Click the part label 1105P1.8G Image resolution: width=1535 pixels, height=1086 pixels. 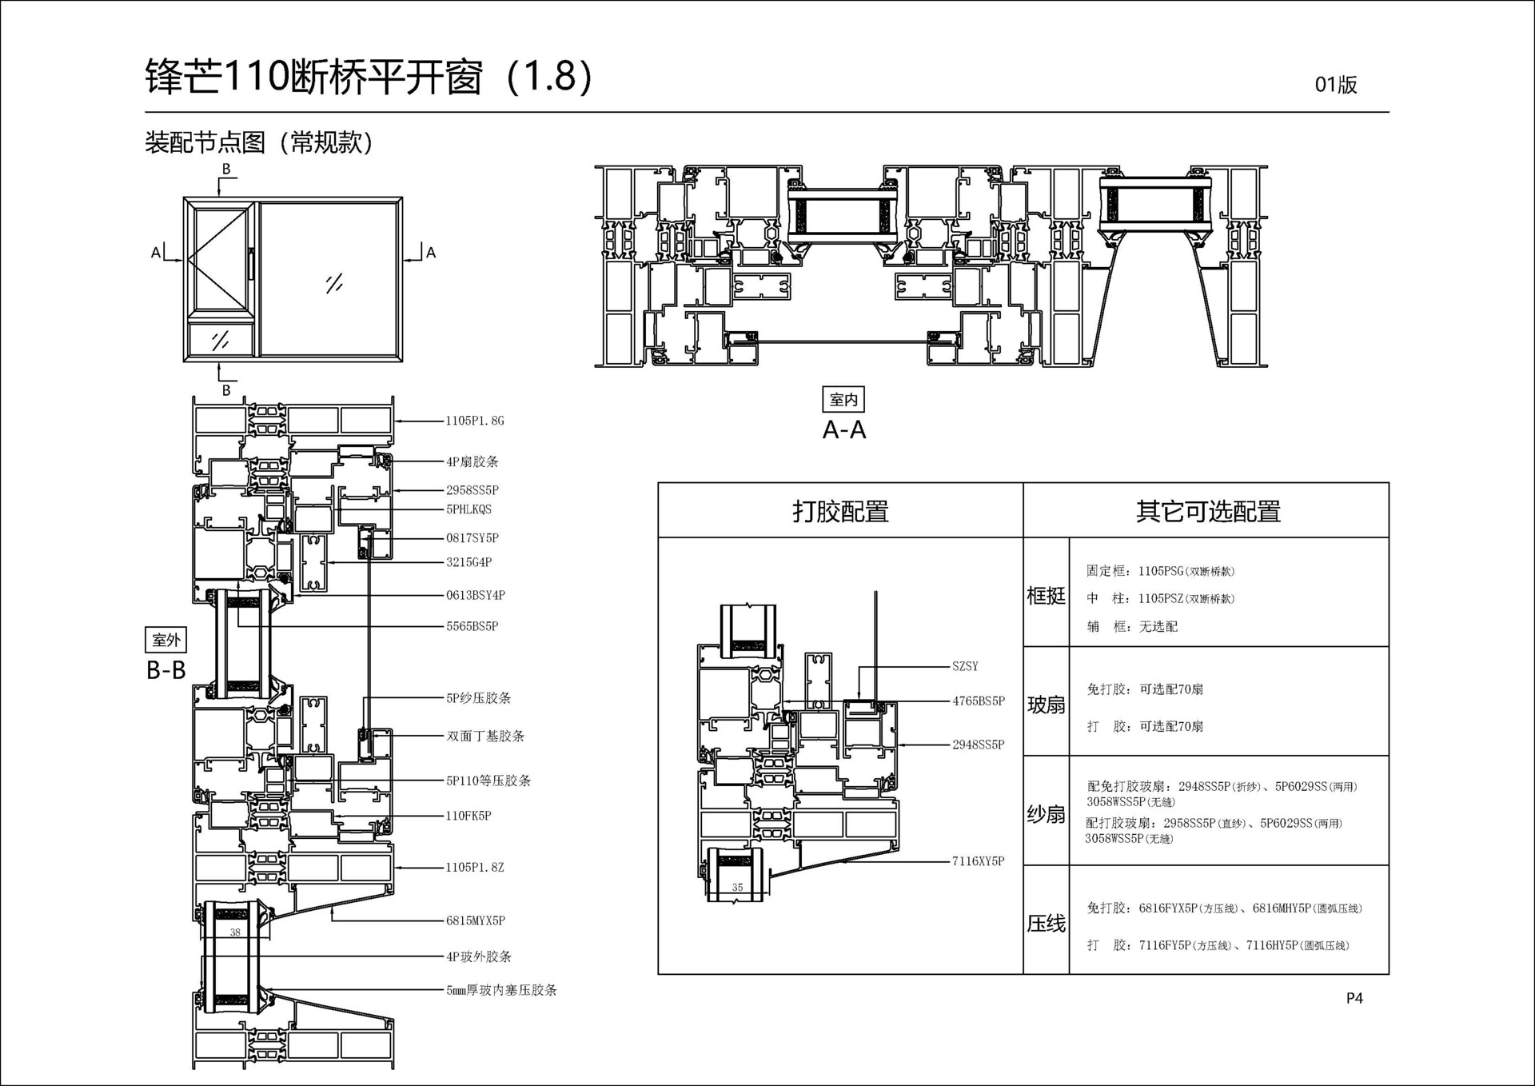tap(475, 421)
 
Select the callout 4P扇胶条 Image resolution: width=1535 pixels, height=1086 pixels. tap(472, 461)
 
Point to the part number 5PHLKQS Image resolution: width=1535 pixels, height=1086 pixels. tap(469, 509)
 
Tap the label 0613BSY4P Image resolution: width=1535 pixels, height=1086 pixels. tap(476, 595)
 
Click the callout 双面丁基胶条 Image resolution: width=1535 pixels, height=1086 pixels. tap(485, 736)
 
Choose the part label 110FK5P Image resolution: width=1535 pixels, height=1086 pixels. tap(468, 816)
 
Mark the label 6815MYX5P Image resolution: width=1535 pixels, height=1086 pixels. tap(476, 920)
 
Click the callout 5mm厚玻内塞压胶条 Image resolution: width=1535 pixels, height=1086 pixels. tap(501, 990)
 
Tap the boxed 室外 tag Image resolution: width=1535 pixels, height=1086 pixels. tap(166, 640)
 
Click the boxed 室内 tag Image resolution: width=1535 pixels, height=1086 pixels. tap(843, 399)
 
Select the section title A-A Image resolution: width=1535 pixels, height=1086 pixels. tap(844, 430)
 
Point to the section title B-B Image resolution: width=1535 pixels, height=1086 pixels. tap(166, 670)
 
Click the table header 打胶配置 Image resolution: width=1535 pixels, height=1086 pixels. tap(840, 511)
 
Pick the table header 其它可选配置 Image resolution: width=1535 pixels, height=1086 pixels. tap(1208, 511)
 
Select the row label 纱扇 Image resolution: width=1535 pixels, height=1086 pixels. tap(1046, 814)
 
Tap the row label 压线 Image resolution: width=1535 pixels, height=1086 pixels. tap(1046, 924)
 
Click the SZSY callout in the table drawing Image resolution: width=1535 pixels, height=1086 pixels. tap(965, 666)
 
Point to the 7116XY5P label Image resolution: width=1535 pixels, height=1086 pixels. tap(978, 861)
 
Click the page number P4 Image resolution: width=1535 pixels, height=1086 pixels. tap(1354, 998)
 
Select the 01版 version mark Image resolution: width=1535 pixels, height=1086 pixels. tap(1336, 85)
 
